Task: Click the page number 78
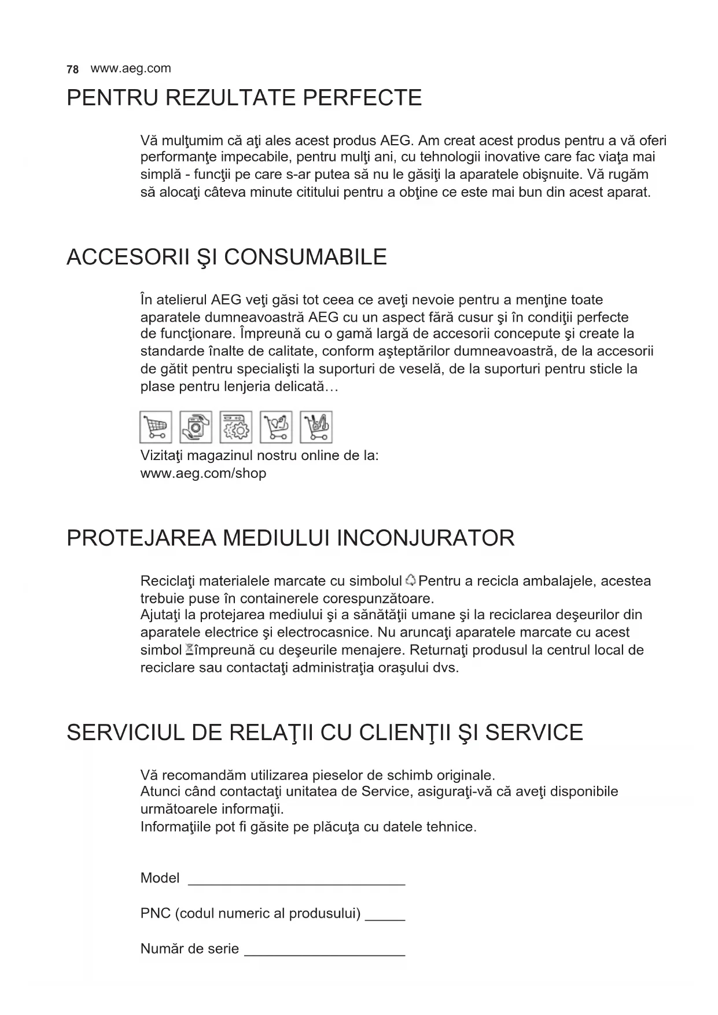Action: coord(72,69)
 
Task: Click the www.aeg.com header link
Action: coord(131,68)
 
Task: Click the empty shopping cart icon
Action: coord(156,427)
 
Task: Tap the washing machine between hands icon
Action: coord(196,427)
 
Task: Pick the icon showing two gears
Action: coord(236,427)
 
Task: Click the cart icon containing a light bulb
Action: coord(276,427)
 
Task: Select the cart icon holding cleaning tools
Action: coord(316,427)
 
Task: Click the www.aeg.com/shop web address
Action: coord(203,473)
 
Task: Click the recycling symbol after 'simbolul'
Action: coord(410,580)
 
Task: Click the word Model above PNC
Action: coord(160,878)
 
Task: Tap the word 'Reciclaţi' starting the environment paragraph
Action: coord(166,580)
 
